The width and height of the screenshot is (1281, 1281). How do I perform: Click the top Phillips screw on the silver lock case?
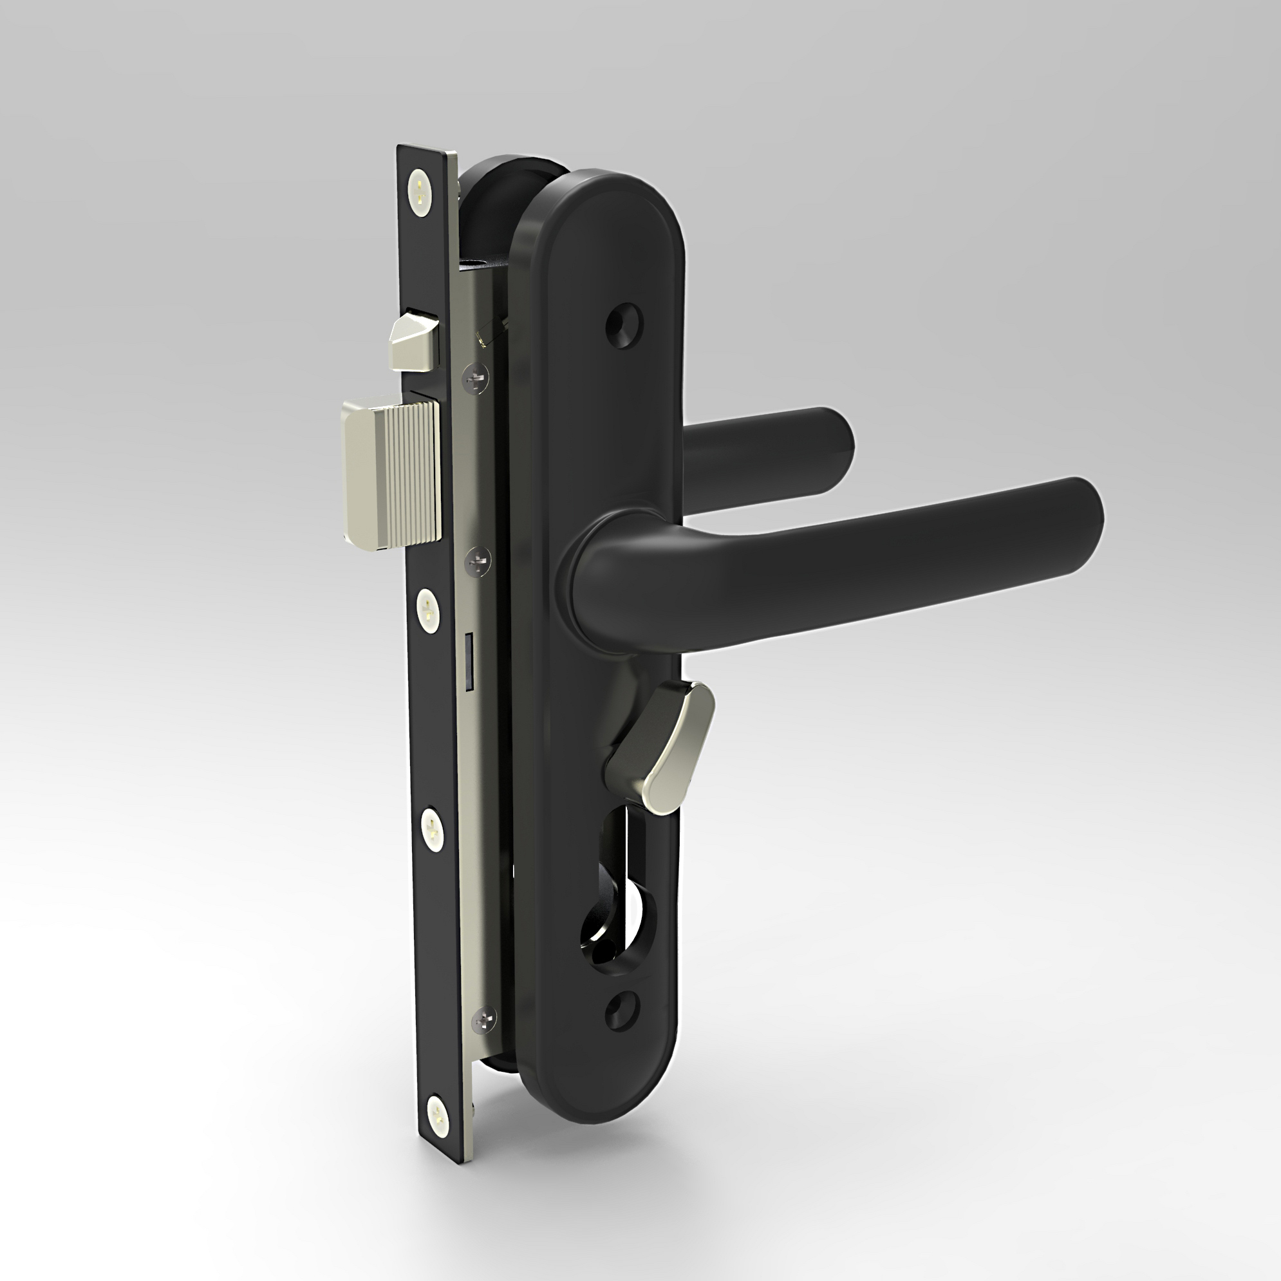click(x=477, y=378)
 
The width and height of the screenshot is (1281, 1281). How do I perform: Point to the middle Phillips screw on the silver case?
click(x=478, y=561)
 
